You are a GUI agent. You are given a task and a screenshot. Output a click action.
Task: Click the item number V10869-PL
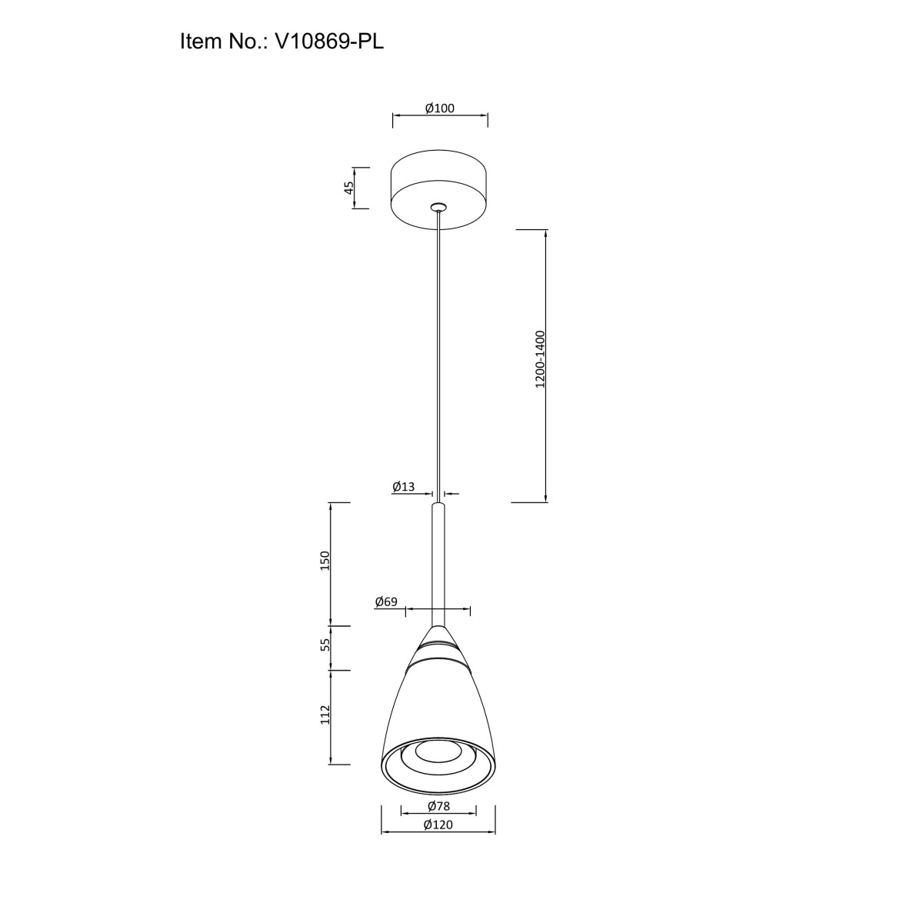(329, 42)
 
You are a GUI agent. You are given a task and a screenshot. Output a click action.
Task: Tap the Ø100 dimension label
(440, 108)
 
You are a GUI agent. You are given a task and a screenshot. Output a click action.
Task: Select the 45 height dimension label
(349, 188)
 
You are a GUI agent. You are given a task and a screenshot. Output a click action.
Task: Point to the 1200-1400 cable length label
(540, 359)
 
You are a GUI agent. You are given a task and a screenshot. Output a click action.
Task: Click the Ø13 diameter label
(403, 487)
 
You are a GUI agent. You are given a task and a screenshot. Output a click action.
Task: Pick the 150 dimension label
(325, 561)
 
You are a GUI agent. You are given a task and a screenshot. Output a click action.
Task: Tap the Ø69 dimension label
(387, 601)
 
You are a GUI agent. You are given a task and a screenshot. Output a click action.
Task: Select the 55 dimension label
(325, 645)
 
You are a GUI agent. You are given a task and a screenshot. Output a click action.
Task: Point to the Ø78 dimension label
(438, 806)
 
